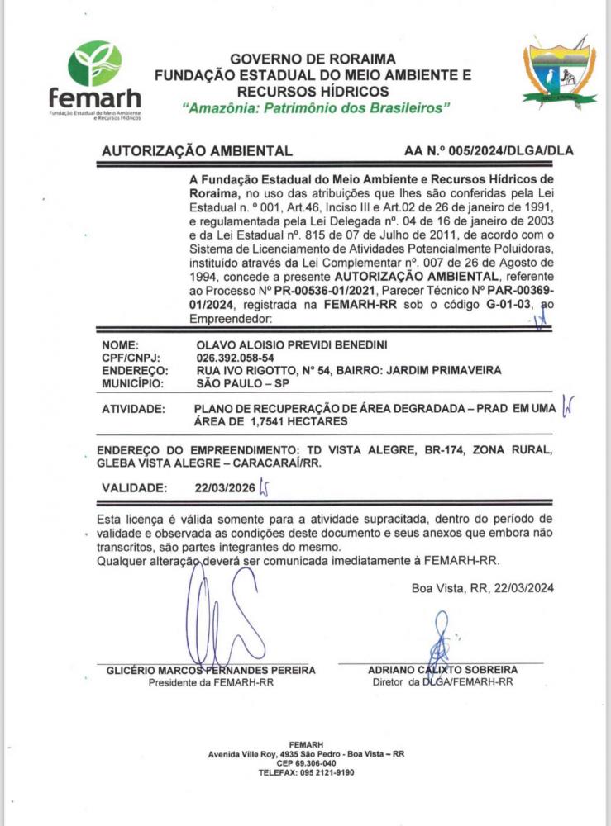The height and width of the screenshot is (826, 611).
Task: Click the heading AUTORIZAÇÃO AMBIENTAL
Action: point(196,151)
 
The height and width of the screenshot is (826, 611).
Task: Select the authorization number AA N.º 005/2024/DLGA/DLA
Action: point(489,151)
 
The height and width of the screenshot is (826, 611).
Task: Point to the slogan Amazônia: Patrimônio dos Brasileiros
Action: point(315,108)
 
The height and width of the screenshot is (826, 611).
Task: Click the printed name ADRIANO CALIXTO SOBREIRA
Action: point(442,670)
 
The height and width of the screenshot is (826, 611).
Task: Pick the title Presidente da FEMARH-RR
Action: point(210,683)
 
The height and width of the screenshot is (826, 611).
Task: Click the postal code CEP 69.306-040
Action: point(305,763)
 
